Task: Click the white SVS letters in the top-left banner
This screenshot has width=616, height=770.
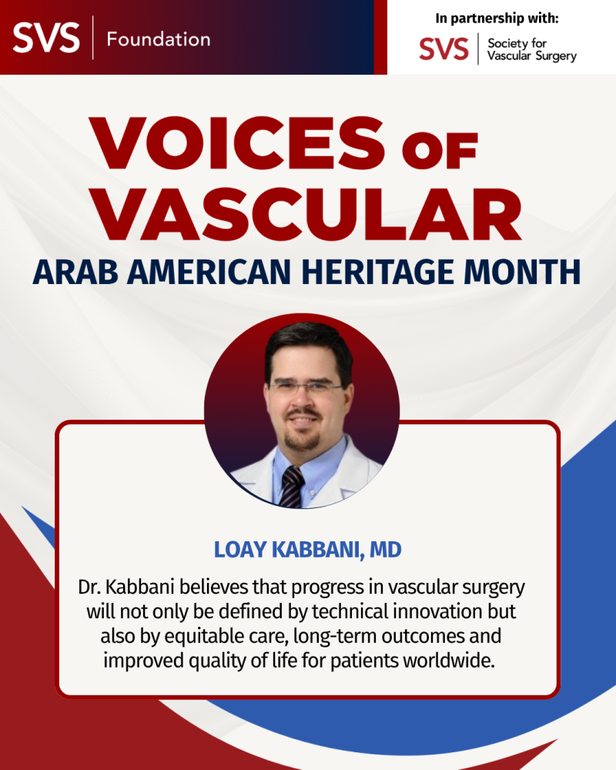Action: tap(46, 37)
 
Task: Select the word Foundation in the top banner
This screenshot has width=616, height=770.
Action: tap(158, 38)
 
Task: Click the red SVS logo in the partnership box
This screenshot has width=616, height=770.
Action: tap(444, 49)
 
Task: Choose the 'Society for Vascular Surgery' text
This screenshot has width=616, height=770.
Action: tap(532, 50)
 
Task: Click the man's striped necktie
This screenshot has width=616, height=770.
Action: tap(293, 485)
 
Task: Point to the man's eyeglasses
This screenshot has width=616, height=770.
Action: tap(305, 387)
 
